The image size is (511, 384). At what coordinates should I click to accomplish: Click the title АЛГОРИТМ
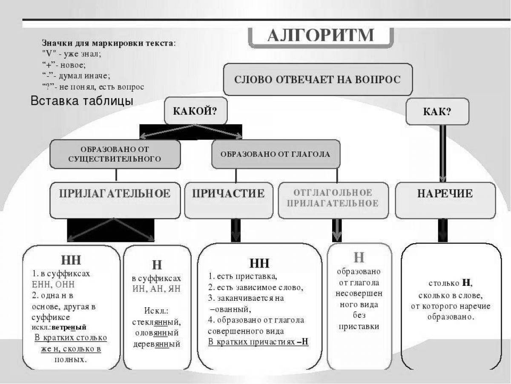(320, 35)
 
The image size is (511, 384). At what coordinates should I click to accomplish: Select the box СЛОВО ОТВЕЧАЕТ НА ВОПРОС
(318, 80)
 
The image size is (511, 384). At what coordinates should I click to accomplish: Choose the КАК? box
(437, 112)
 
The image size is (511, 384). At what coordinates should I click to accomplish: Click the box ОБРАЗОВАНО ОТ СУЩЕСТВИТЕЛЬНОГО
(115, 154)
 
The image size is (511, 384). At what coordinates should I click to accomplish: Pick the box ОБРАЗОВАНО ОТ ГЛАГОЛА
(275, 154)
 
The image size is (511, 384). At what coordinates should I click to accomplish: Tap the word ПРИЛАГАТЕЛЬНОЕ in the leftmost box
(115, 194)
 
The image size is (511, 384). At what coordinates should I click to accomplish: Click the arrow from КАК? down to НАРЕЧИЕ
(442, 154)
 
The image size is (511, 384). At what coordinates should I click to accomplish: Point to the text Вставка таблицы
(82, 101)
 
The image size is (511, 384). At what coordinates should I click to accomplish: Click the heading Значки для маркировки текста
(108, 43)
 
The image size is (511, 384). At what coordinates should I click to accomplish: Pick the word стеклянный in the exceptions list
(156, 321)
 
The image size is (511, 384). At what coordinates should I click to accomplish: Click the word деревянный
(156, 344)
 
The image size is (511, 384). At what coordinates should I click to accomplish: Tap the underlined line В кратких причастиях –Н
(258, 342)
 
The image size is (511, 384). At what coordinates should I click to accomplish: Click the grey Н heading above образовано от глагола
(359, 258)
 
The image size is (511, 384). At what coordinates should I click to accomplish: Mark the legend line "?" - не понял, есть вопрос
(93, 87)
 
